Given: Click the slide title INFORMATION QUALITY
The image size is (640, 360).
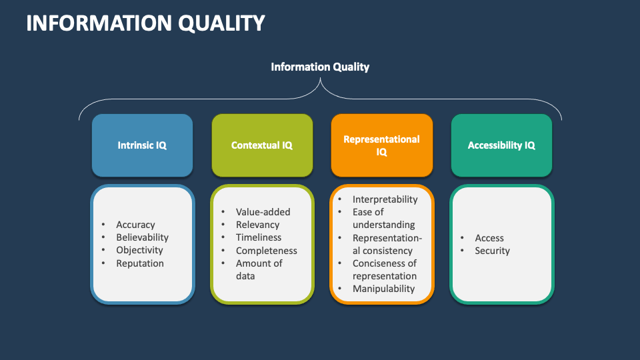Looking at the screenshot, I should pos(145,23).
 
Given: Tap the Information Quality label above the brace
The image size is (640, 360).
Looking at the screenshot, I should pos(320,67).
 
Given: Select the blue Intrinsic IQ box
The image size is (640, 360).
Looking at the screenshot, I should pos(142,145).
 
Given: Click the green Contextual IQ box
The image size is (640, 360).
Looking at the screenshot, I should pos(262,145).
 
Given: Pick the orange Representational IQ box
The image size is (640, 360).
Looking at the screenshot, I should pos(381,145).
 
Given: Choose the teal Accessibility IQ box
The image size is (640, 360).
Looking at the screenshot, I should pos(501,145).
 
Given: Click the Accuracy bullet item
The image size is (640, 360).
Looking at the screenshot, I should pos(135,225).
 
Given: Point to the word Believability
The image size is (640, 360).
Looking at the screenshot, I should pos(142,237).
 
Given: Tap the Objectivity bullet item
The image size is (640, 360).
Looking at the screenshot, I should pos(139,250).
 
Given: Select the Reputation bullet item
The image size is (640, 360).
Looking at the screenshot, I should pos(139,263).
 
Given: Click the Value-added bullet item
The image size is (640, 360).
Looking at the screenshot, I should pos(263,212).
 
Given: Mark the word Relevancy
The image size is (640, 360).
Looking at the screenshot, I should pos(257,225).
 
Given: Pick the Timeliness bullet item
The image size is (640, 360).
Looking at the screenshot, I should pos(259,237).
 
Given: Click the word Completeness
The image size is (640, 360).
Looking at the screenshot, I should pos(266,251).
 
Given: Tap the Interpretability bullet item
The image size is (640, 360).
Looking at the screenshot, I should pos(385,199).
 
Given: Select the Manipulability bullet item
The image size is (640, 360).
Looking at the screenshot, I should pos(383,289).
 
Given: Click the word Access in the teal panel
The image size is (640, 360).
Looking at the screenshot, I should pos(489,238).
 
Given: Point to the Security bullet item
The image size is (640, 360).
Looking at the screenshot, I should pos(492,251).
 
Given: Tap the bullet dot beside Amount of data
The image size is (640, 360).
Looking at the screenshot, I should pos(223,263).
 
